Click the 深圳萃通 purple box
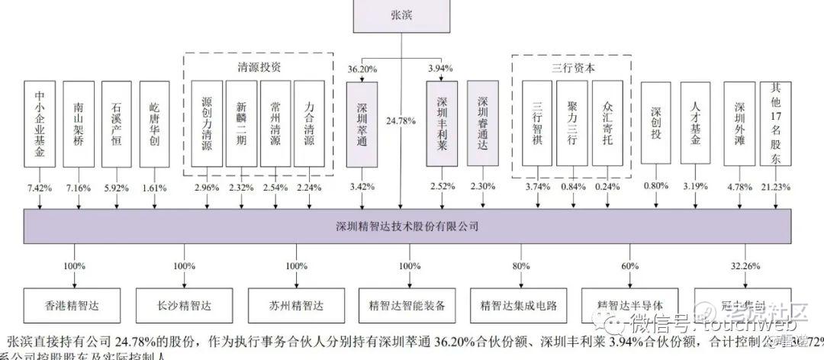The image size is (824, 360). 362,124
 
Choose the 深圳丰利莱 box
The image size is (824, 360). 442,124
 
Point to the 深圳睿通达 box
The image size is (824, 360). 482,124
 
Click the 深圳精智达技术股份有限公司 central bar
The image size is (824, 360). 407,226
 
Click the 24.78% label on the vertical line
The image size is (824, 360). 402,121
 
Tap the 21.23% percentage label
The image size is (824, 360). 777,186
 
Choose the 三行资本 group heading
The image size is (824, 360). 573,66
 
